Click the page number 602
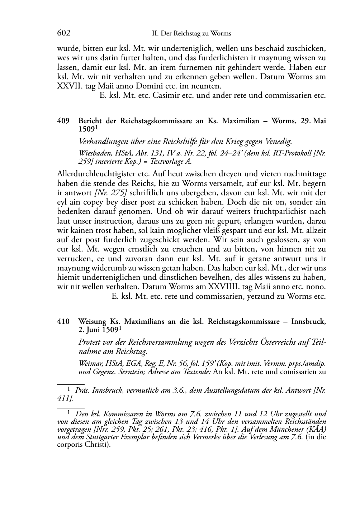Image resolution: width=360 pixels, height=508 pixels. tap(63, 33)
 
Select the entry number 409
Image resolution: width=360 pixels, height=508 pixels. tap(63, 121)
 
